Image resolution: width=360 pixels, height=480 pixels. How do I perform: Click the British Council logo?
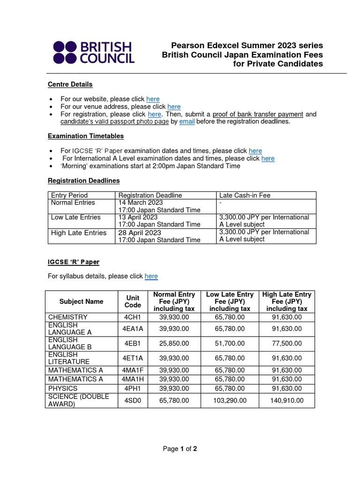(94, 52)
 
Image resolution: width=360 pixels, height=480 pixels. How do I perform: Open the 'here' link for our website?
(153, 99)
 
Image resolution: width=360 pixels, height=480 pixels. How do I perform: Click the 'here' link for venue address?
(174, 106)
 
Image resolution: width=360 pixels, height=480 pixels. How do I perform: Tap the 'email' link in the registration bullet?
(187, 121)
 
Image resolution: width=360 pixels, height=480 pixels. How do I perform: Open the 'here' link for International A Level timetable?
(268, 158)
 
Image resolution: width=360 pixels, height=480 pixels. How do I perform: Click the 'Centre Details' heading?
(70, 84)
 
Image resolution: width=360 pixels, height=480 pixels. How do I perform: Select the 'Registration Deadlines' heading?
(83, 180)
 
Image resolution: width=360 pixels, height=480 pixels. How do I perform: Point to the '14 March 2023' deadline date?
(140, 202)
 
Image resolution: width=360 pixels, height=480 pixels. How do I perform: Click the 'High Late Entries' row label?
(78, 232)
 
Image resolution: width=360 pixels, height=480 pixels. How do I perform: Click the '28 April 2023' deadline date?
(139, 232)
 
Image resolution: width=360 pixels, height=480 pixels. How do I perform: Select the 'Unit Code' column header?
(133, 301)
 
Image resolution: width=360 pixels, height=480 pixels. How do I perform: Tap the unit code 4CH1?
(133, 317)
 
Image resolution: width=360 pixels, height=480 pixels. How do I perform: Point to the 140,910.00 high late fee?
(287, 400)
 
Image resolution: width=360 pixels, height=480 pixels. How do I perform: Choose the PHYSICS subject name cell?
(63, 389)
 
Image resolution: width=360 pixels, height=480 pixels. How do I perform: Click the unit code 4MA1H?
(133, 379)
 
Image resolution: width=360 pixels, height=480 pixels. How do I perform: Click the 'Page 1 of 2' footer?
(180, 449)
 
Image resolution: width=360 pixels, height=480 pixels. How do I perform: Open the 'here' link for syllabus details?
(151, 276)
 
